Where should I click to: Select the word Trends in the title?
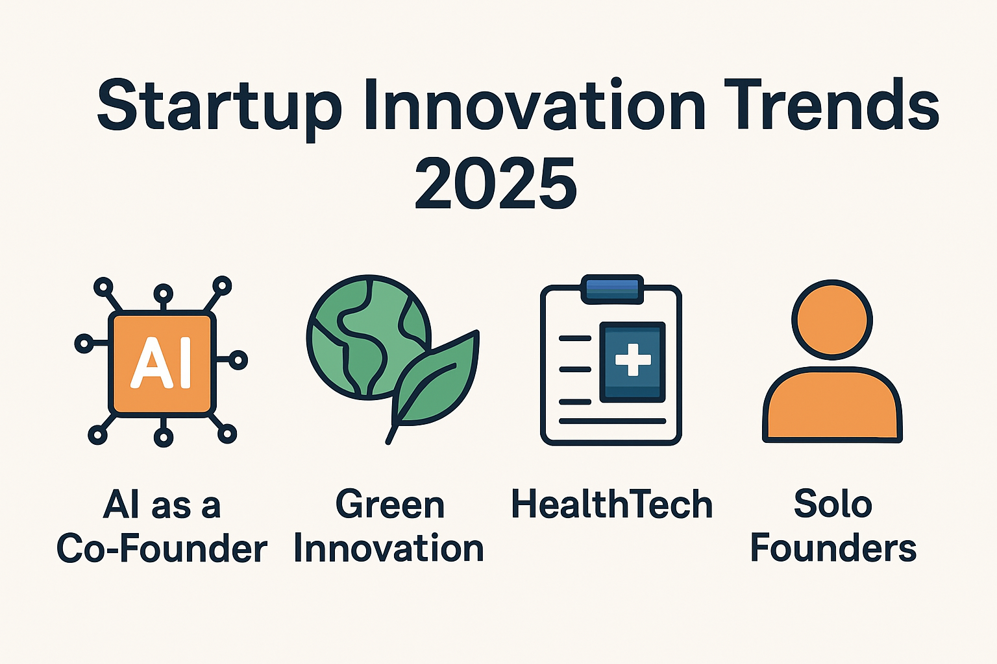832,105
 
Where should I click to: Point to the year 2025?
496,184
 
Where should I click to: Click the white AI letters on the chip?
161,362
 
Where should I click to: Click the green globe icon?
369,337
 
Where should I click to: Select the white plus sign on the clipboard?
633,359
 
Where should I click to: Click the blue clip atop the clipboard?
613,289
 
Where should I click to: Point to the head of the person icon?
832,320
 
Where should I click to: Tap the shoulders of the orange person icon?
832,405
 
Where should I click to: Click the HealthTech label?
612,504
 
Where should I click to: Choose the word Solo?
833,504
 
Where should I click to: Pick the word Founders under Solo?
833,548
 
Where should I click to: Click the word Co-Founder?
162,548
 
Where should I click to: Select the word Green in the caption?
390,504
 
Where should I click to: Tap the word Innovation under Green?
389,548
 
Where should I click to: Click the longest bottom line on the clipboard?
612,421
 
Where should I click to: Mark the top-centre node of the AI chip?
164,294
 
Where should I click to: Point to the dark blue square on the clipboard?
632,362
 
